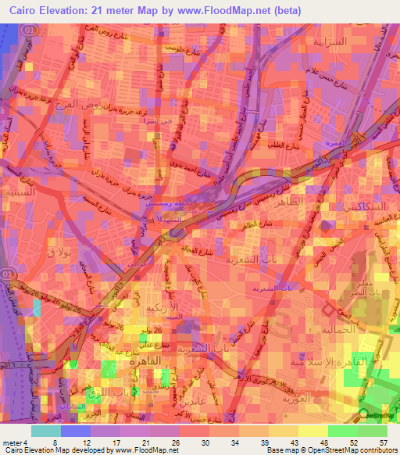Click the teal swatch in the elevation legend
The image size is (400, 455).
46,431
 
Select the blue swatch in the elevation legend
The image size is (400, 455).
76,431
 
